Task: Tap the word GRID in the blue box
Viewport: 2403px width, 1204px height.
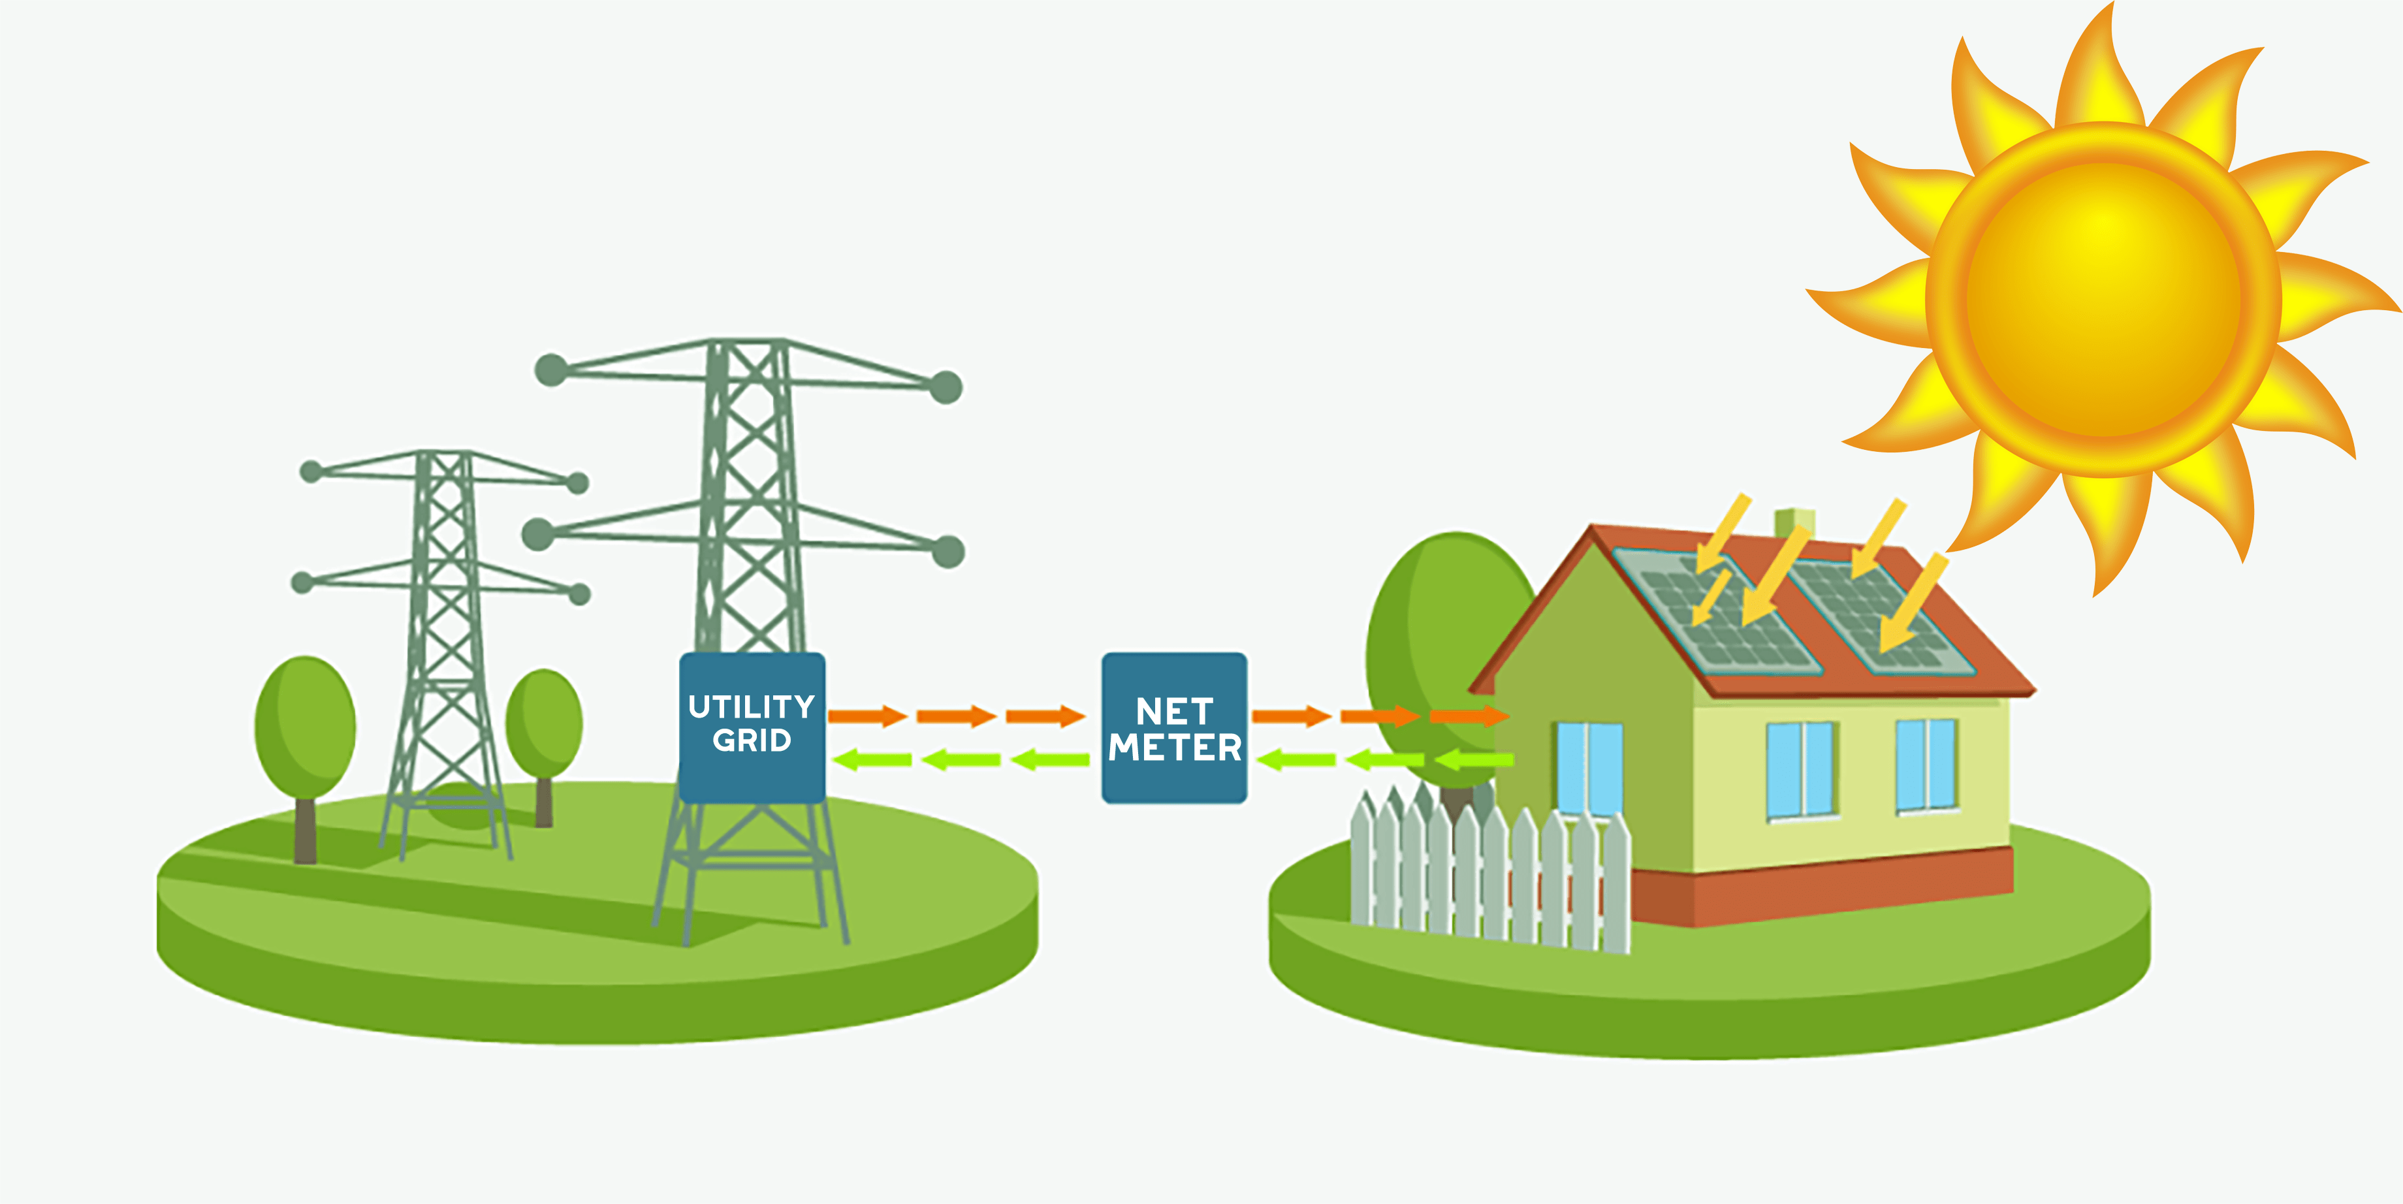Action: (x=751, y=740)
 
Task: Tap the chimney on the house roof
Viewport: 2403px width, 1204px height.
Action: (x=1794, y=522)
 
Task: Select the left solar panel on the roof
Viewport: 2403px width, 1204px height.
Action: (x=1717, y=611)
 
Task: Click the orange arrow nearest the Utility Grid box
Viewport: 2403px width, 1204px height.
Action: (x=867, y=716)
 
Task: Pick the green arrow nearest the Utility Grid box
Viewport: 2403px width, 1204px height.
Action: (x=872, y=760)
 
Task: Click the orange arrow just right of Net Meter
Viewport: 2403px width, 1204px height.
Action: (x=1290, y=716)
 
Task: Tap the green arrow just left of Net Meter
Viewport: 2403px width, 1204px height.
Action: (x=1051, y=760)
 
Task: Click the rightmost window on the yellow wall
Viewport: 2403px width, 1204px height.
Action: (x=1926, y=765)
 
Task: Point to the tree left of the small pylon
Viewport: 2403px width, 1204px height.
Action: (x=305, y=727)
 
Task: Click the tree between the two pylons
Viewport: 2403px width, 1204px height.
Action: (x=544, y=723)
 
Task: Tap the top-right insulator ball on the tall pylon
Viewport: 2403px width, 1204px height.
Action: (x=946, y=387)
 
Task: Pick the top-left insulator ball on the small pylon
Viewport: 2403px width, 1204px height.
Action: (x=311, y=471)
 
